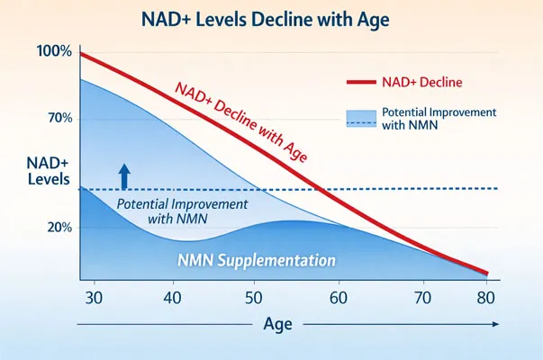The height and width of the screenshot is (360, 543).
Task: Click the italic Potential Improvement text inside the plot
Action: [x=183, y=211]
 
